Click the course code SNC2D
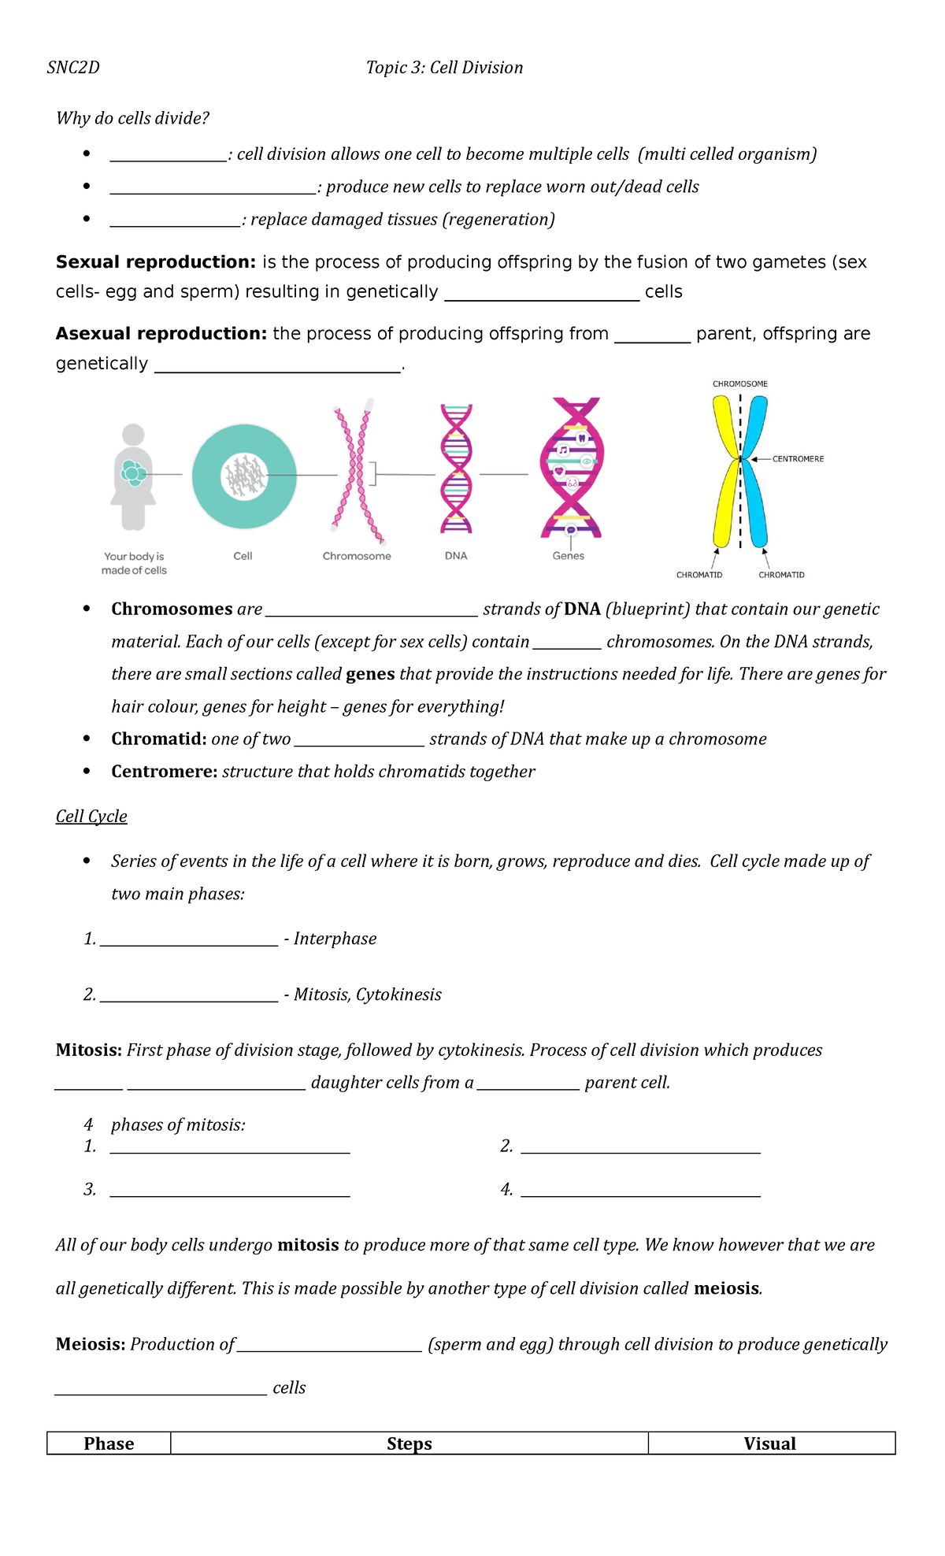click(x=73, y=68)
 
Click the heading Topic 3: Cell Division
click(x=444, y=68)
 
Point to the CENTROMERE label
click(x=797, y=459)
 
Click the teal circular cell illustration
click(x=244, y=476)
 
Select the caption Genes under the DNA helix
click(x=568, y=556)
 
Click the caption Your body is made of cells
click(x=134, y=563)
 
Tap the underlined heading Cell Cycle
click(x=91, y=817)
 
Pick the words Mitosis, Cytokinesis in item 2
click(x=367, y=995)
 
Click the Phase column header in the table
click(x=109, y=1443)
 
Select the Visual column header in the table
click(x=769, y=1443)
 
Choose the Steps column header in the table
click(x=409, y=1443)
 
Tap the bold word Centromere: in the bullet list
click(x=164, y=772)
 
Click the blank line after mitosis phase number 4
click(x=640, y=1191)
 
